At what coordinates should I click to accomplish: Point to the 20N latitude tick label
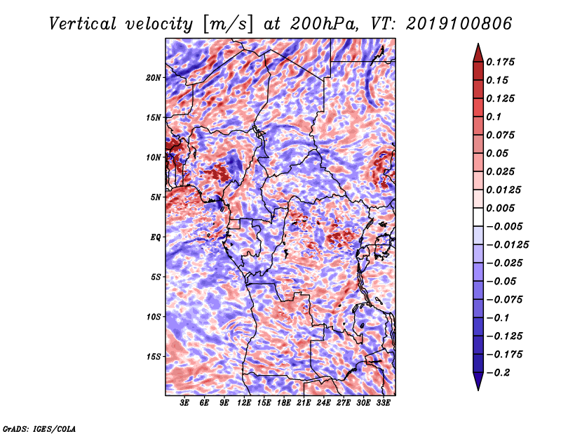(154, 77)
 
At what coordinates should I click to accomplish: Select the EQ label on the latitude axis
(156, 237)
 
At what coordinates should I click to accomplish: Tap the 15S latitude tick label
(154, 357)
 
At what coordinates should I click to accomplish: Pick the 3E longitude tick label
(185, 404)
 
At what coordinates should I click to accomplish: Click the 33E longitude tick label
(383, 404)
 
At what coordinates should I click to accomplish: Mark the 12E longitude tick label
(245, 404)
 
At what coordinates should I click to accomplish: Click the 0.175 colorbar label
(502, 62)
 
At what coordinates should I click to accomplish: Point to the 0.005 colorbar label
(502, 208)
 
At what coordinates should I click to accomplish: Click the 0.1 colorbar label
(495, 117)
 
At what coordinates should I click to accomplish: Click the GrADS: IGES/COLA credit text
(39, 428)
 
